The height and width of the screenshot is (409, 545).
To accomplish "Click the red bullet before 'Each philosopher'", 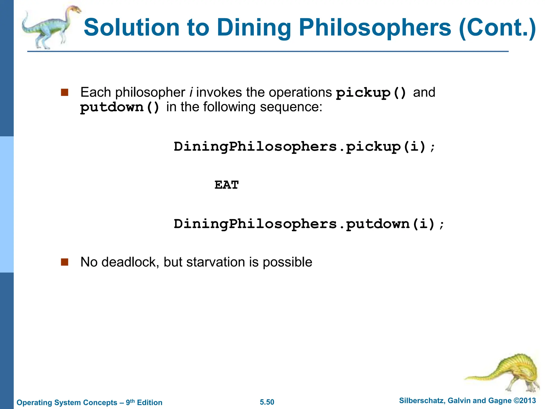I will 65,92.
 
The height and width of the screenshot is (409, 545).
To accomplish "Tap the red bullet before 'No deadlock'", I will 65,262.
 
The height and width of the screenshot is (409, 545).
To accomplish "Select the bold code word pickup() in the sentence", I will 371,93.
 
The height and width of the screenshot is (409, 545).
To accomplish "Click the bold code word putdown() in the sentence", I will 120,107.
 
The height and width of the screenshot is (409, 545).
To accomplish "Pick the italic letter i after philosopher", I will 191,92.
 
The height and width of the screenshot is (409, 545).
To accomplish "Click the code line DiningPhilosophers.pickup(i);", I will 304,147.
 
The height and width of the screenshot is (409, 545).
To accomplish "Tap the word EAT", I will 226,185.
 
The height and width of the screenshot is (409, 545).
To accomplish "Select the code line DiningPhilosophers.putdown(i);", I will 309,224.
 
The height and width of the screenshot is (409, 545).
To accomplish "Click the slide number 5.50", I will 267,402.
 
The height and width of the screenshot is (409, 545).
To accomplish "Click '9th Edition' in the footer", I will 144,402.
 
